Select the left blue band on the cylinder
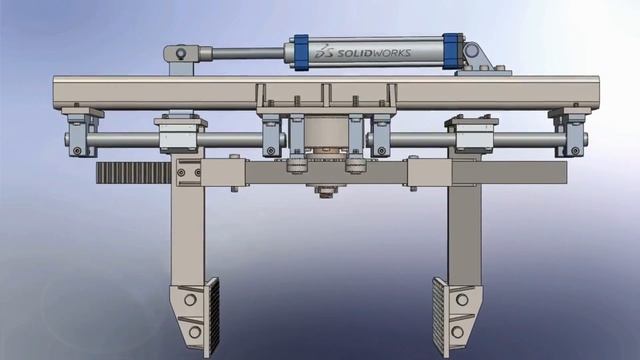[299, 53]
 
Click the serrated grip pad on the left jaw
[210, 310]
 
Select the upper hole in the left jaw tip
[190, 300]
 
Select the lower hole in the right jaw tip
[458, 330]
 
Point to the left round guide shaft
[125, 140]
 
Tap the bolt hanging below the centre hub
[325, 191]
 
